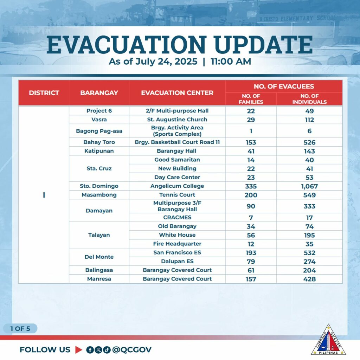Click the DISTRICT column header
(44, 93)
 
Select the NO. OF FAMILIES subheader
(251, 99)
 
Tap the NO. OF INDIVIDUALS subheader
(309, 99)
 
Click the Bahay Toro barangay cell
(99, 142)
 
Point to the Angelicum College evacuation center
(177, 186)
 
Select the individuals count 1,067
(309, 186)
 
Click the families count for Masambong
(251, 195)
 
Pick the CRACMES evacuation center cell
(177, 217)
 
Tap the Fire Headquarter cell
(177, 244)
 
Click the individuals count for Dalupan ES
(309, 262)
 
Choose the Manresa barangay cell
(99, 279)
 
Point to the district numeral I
(44, 195)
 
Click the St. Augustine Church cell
(177, 120)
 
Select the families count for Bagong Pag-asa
(251, 131)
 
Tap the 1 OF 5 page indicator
(20, 329)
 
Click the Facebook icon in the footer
(90, 350)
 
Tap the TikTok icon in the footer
(107, 350)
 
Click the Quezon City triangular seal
(328, 340)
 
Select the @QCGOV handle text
(132, 350)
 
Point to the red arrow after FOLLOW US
(78, 350)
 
